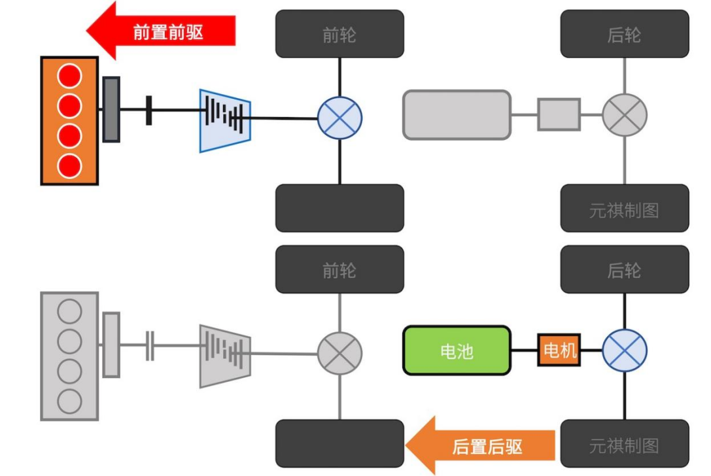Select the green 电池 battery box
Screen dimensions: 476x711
click(x=457, y=350)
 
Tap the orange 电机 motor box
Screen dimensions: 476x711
click(x=559, y=350)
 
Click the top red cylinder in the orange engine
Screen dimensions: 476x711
click(x=69, y=76)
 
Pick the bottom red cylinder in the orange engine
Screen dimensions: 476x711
click(x=69, y=166)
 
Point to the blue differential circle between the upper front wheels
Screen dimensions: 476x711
click(x=339, y=118)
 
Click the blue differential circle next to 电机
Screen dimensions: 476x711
click(x=624, y=351)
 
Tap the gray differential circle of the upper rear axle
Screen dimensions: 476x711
click(x=624, y=115)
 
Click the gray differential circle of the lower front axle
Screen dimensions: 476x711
click(x=339, y=354)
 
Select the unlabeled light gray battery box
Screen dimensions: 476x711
click(x=457, y=115)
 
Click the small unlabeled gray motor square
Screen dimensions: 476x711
click(x=559, y=114)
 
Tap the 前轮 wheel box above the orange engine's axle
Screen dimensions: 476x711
click(x=339, y=34)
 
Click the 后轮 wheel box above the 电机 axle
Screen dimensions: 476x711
click(x=624, y=269)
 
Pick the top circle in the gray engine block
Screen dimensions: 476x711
click(x=69, y=311)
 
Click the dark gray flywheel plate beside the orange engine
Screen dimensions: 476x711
click(x=111, y=109)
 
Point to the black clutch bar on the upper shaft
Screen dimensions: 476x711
click(x=148, y=109)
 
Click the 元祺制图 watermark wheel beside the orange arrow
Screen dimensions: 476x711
click(x=624, y=444)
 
